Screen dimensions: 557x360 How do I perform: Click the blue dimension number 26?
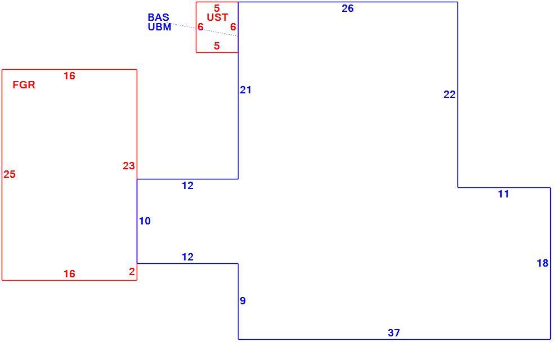(x=347, y=8)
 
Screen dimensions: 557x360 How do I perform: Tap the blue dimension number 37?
(x=394, y=332)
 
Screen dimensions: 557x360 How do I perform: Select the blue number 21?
(x=245, y=90)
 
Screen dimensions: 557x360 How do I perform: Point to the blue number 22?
(x=450, y=94)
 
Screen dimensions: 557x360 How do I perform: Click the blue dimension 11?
(x=504, y=194)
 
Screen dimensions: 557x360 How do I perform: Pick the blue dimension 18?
(x=542, y=263)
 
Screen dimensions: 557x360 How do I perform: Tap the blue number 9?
(x=242, y=301)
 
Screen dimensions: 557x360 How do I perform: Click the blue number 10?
(x=145, y=221)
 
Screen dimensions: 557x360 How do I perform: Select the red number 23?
(x=129, y=166)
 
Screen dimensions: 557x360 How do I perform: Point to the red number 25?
(x=10, y=174)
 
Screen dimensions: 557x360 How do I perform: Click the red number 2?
(x=132, y=272)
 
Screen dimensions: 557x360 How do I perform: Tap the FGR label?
(x=24, y=85)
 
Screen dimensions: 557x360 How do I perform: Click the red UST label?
(x=217, y=17)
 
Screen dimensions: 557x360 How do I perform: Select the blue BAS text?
(x=159, y=17)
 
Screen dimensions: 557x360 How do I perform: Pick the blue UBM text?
(x=159, y=27)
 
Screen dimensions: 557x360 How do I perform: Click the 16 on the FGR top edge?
(x=69, y=75)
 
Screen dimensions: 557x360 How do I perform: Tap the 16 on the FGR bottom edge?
(x=69, y=274)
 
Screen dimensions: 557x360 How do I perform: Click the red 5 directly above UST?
(x=217, y=8)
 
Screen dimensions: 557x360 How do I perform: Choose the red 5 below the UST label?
(x=217, y=46)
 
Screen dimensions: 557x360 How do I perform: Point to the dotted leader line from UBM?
(x=205, y=30)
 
